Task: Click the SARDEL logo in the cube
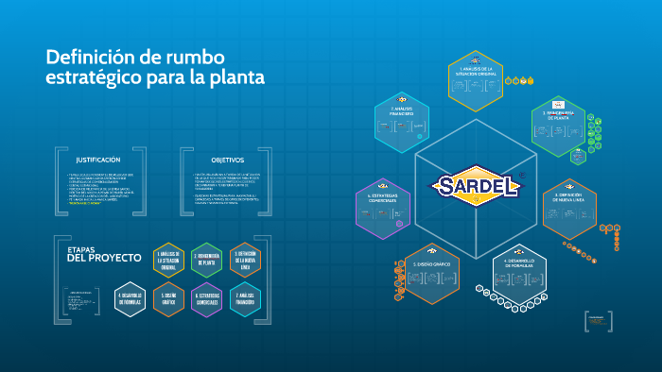tap(479, 184)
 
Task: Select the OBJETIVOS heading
tap(227, 161)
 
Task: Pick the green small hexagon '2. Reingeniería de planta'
tap(207, 261)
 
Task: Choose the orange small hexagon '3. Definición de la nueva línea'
tap(246, 261)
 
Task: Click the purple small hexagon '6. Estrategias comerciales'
tap(207, 299)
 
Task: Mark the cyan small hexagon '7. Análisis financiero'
tap(246, 299)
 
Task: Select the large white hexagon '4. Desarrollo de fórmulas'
tap(520, 274)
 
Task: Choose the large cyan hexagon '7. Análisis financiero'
tap(403, 124)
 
